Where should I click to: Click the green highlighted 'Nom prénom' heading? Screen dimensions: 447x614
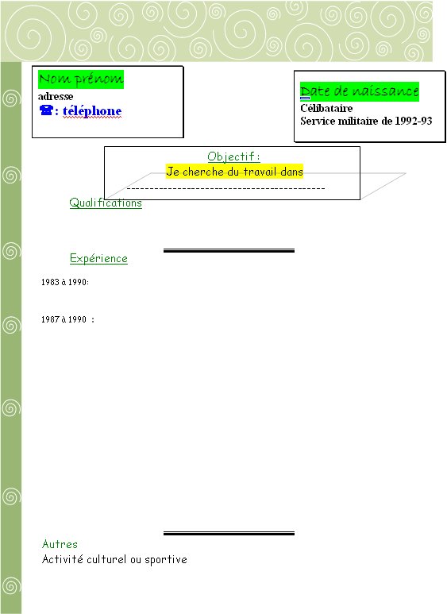coord(81,79)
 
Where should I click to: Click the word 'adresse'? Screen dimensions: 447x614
coord(56,96)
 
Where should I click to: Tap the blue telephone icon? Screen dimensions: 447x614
coord(46,110)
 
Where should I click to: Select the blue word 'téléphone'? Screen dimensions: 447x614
coord(92,111)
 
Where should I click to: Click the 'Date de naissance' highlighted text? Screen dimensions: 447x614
coord(360,91)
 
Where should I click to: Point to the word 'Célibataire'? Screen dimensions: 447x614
coord(326,108)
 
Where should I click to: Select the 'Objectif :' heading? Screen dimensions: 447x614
coord(233,156)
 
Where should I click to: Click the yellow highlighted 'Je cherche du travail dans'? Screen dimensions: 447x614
coord(234,172)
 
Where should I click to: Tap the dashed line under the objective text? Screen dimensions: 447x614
coord(225,189)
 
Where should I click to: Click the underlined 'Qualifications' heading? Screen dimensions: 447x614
coord(106,203)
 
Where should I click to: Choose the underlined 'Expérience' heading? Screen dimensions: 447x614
coord(98,258)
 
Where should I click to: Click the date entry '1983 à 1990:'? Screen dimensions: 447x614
coord(65,282)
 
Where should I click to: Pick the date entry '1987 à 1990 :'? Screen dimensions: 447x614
coord(67,319)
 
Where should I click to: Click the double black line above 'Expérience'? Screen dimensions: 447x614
coord(229,251)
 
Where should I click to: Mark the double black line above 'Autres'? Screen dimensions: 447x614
coord(229,533)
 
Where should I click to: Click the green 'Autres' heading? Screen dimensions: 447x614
coord(60,544)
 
